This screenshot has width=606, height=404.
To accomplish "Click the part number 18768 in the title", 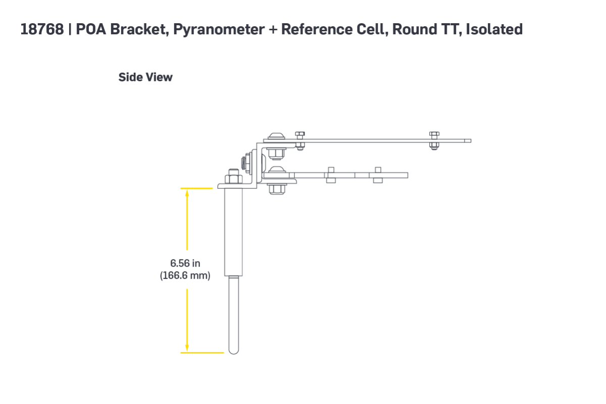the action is (x=42, y=29).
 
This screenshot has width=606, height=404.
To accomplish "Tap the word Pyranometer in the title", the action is (x=219, y=30).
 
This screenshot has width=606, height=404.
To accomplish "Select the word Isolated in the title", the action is (x=494, y=29).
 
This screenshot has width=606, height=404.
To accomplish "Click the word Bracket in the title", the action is (x=139, y=30).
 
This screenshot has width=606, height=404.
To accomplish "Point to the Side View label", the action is (x=145, y=77).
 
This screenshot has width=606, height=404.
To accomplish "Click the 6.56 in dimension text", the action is (x=185, y=263).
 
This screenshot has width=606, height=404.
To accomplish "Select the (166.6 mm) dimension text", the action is (x=185, y=275).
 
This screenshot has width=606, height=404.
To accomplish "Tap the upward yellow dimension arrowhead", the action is (x=187, y=193).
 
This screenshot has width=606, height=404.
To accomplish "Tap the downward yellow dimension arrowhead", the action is (x=187, y=348).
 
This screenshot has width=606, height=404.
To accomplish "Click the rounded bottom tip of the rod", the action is (x=234, y=352).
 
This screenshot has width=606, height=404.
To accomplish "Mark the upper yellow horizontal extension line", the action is (x=196, y=188).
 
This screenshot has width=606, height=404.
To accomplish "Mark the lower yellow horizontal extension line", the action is (x=202, y=352).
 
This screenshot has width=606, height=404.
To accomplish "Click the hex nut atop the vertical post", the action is (x=234, y=179).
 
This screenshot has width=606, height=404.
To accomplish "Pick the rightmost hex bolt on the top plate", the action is (x=434, y=141).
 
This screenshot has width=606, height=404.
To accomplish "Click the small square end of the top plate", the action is (x=468, y=141).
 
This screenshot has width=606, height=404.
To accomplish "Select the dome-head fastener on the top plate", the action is (x=276, y=136).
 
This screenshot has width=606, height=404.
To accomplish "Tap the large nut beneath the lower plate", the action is (x=277, y=189).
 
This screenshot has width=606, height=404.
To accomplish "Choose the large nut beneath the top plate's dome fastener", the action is (x=276, y=154).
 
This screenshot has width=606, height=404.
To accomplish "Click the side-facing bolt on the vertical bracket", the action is (x=245, y=163).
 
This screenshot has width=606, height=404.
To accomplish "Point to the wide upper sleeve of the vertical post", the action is (x=233, y=232).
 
